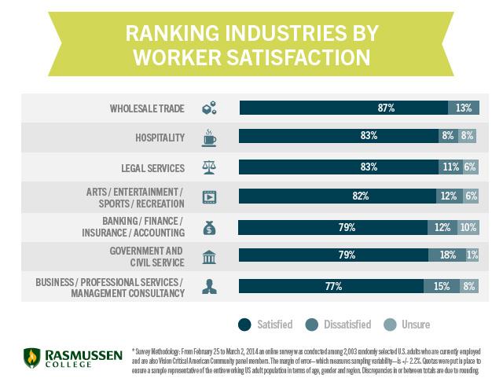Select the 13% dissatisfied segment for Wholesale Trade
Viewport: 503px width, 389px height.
point(464,107)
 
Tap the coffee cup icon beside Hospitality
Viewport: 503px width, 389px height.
point(209,138)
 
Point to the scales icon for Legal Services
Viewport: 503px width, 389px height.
point(209,167)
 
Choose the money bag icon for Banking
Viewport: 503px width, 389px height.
point(209,228)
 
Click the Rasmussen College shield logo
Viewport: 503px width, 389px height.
point(31,359)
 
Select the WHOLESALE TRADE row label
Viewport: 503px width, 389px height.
point(147,108)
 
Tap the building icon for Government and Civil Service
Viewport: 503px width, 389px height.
point(209,258)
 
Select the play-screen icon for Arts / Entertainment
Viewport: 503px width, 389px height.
point(209,197)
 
